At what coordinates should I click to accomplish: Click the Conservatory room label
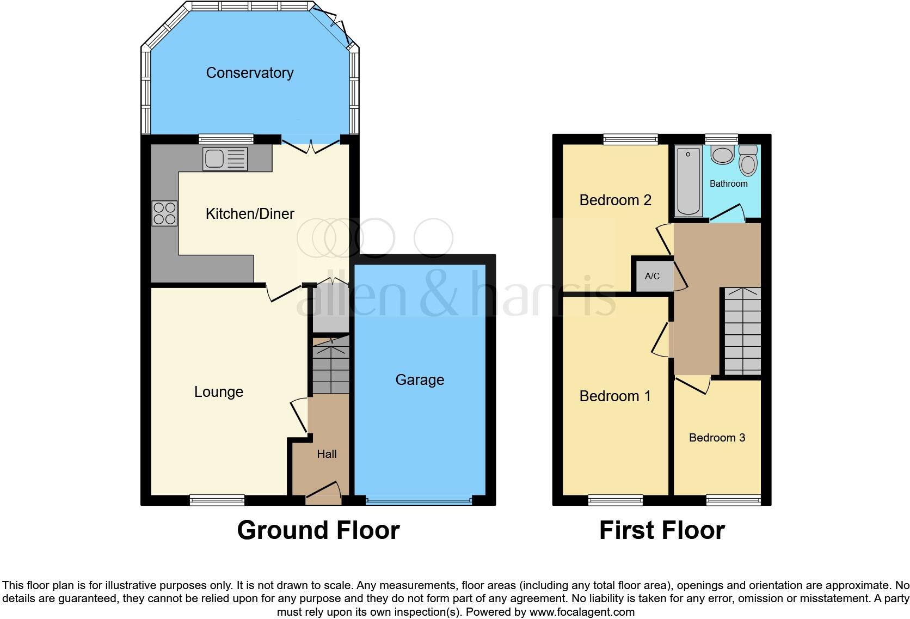pyautogui.click(x=250, y=73)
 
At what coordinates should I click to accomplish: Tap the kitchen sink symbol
pyautogui.click(x=225, y=159)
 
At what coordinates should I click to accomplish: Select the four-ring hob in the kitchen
pyautogui.click(x=164, y=213)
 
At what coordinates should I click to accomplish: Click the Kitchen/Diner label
pyautogui.click(x=250, y=214)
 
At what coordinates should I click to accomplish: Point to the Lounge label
pyautogui.click(x=219, y=392)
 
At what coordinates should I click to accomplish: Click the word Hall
pyautogui.click(x=327, y=454)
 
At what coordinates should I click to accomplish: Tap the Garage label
pyautogui.click(x=420, y=380)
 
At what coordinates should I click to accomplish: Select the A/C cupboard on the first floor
pyautogui.click(x=652, y=276)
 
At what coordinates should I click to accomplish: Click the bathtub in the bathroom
pyautogui.click(x=688, y=181)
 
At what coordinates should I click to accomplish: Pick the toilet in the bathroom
pyautogui.click(x=748, y=160)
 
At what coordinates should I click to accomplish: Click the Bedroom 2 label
pyautogui.click(x=615, y=200)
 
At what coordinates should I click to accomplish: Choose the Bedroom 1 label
pyautogui.click(x=615, y=396)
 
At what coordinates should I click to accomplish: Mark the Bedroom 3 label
pyautogui.click(x=717, y=438)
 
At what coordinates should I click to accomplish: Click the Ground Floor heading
pyautogui.click(x=318, y=530)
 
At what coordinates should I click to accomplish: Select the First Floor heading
pyautogui.click(x=662, y=530)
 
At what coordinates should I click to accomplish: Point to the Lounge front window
pyautogui.click(x=217, y=499)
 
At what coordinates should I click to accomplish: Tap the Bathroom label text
pyautogui.click(x=728, y=184)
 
